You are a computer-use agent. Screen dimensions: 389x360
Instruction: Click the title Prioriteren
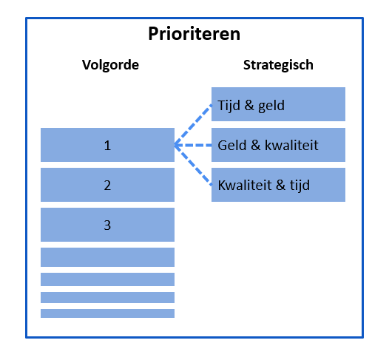pyautogui.click(x=194, y=34)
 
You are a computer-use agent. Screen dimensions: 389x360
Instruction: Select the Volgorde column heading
pyautogui.click(x=110, y=65)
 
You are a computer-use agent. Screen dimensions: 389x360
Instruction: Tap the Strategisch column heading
pyautogui.click(x=278, y=65)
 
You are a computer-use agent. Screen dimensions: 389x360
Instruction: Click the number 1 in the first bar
pyautogui.click(x=107, y=146)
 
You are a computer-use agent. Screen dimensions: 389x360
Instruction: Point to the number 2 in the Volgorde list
pyautogui.click(x=107, y=186)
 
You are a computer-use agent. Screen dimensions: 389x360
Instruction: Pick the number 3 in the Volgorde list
pyautogui.click(x=107, y=225)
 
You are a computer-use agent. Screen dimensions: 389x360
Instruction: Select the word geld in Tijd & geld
pyautogui.click(x=271, y=106)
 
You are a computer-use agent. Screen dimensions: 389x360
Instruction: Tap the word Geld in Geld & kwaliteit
pyautogui.click(x=232, y=146)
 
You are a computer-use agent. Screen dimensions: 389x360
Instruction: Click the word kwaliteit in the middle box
pyautogui.click(x=291, y=146)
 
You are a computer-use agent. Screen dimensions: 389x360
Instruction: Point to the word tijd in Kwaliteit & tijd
pyautogui.click(x=300, y=186)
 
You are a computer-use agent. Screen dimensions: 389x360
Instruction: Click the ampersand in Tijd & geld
pyautogui.click(x=249, y=106)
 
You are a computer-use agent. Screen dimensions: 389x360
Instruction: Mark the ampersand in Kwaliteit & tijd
pyautogui.click(x=280, y=186)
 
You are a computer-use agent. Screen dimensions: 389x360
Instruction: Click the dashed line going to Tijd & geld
pyautogui.click(x=193, y=125)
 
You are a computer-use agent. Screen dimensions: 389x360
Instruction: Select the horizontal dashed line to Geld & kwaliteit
pyautogui.click(x=193, y=145)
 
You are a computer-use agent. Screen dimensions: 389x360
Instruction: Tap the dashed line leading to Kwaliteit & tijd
pyautogui.click(x=193, y=165)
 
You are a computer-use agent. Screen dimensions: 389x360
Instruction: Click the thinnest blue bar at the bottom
pyautogui.click(x=107, y=313)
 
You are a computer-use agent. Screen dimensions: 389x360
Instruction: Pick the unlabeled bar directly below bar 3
pyautogui.click(x=107, y=257)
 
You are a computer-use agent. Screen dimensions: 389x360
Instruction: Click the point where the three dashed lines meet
pyautogui.click(x=175, y=145)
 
